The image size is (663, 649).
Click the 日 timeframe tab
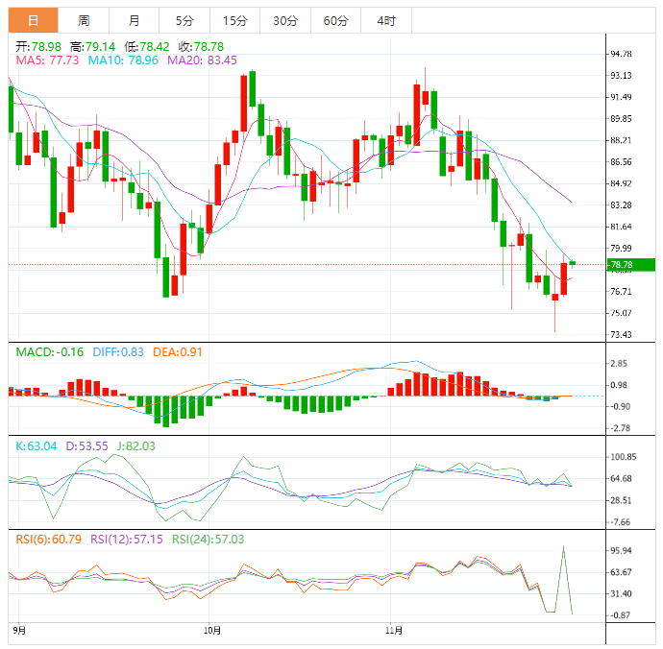33,20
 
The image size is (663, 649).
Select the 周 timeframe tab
84,20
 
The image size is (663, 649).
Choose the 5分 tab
184,20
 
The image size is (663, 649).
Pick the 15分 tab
234,20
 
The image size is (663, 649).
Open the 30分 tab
285,20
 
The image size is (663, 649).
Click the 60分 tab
335,20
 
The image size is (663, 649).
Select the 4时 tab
385,20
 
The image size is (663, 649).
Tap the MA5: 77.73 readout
47,60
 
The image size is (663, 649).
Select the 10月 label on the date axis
213,631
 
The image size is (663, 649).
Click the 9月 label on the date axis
20,631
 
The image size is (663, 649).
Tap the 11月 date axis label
390,631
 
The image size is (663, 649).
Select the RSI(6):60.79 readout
49,539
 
